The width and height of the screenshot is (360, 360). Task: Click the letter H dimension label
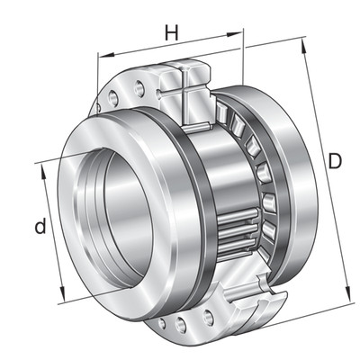point(172,33)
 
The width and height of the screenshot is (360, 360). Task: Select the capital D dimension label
point(335,160)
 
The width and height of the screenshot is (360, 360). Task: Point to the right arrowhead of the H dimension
point(234,34)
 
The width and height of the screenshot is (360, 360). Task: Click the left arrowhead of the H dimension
point(106,55)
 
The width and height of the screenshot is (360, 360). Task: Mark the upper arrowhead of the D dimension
point(304,46)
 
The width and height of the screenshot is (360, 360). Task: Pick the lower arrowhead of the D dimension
point(348,292)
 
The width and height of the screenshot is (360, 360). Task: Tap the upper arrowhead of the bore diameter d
point(43,172)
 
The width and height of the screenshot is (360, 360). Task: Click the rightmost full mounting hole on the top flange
point(139,88)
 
